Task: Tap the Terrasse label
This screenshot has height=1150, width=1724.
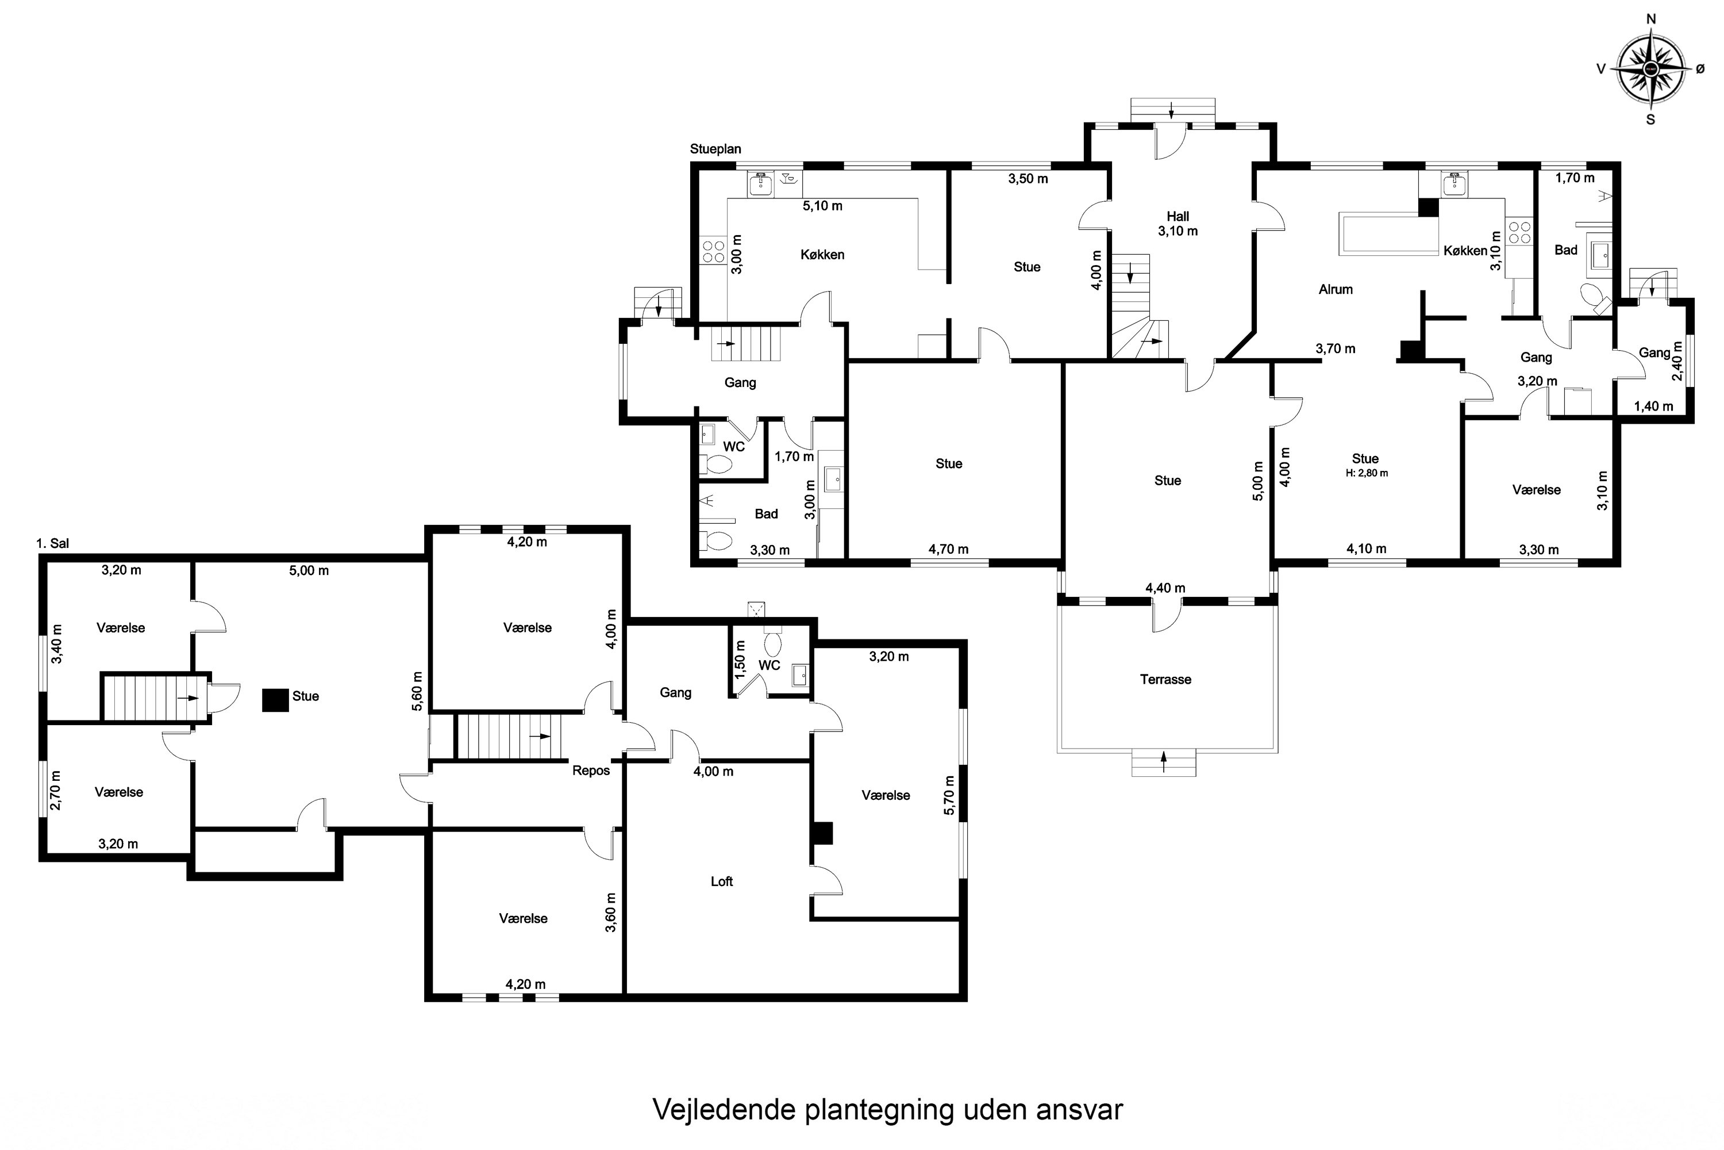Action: (x=1165, y=679)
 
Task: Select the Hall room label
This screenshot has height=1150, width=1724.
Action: (x=1178, y=216)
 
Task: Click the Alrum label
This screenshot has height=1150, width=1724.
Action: (x=1336, y=289)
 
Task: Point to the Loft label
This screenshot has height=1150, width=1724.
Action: (x=721, y=881)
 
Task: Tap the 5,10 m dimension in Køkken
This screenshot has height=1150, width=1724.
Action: (x=822, y=206)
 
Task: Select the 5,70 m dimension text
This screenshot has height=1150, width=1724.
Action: (x=950, y=795)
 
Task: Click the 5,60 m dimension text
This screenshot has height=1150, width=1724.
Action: (x=417, y=691)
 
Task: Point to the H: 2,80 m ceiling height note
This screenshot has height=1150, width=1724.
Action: (x=1367, y=473)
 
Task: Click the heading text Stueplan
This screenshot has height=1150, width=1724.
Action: (x=715, y=149)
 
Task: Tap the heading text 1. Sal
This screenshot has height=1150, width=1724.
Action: (x=53, y=543)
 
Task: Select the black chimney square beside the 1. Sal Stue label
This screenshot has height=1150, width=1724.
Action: (x=276, y=700)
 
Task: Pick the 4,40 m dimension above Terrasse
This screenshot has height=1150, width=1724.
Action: (x=1165, y=588)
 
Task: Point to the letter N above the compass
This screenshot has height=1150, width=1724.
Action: (x=1652, y=19)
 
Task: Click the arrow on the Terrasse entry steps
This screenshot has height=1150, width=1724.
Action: (x=1164, y=761)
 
